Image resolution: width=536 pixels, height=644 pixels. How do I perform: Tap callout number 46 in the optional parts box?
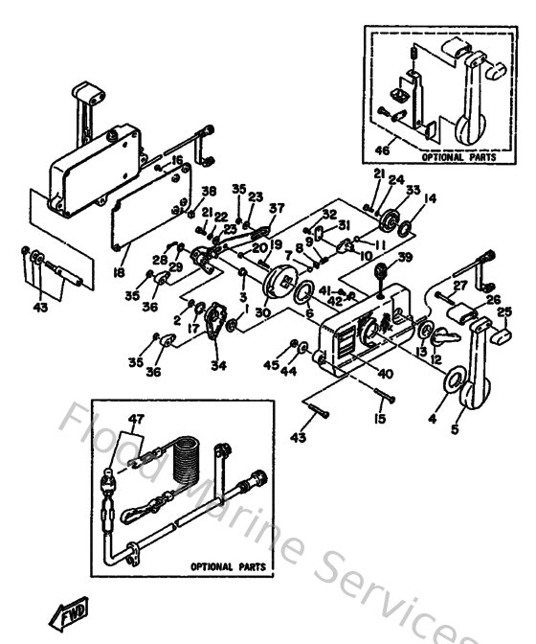[x=381, y=151]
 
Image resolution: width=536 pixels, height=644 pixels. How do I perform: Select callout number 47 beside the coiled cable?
[x=137, y=419]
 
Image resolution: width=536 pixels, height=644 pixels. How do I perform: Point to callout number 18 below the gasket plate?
[x=120, y=272]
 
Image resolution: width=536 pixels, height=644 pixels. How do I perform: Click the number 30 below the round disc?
[x=262, y=312]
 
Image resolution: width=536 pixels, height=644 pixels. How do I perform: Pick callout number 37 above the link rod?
[x=277, y=208]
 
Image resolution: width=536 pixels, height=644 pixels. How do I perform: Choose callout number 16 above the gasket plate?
[x=177, y=159]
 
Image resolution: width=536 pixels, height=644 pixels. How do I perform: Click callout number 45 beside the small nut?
[x=273, y=364]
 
